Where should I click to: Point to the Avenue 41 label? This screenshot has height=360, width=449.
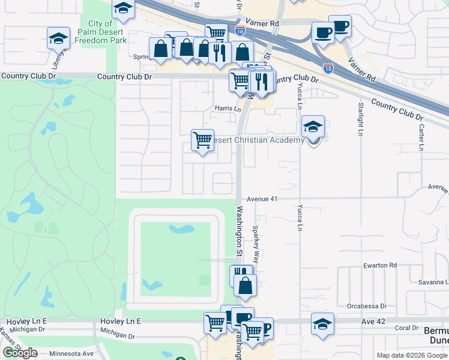(x=262, y=199)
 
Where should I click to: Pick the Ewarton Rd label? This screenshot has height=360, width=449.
(x=381, y=265)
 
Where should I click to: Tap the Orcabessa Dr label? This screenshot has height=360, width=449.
(x=366, y=306)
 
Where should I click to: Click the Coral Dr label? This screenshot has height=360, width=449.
(x=406, y=328)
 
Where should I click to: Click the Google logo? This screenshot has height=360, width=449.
(x=20, y=353)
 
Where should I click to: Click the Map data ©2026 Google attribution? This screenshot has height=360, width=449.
(x=412, y=355)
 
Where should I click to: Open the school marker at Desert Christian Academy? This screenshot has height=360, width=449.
(x=313, y=127)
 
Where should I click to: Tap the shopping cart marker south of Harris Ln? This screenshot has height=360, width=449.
(x=202, y=141)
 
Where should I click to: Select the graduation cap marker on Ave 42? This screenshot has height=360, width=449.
(x=322, y=324)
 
